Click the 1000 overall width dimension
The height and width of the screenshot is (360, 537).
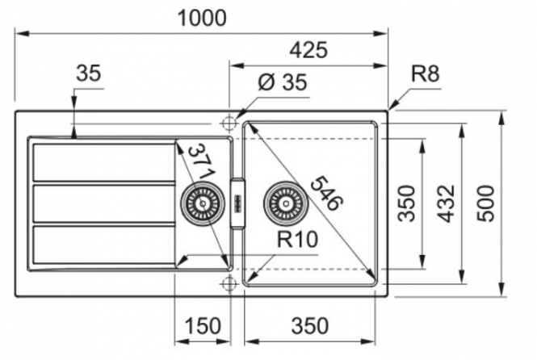(202, 18)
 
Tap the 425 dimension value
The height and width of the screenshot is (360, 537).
(308, 50)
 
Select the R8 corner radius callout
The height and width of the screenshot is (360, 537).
(425, 73)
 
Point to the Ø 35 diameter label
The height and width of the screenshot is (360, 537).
(283, 82)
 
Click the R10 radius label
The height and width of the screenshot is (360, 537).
(297, 239)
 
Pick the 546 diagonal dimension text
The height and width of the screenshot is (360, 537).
(326, 193)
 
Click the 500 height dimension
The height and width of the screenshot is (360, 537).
(486, 203)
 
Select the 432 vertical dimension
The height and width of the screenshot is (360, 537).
(447, 203)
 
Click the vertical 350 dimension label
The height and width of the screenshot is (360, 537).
(406, 203)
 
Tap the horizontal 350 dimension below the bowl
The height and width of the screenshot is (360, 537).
(309, 326)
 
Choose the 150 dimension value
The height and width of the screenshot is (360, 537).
(203, 326)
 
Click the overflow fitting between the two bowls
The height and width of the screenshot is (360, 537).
(237, 203)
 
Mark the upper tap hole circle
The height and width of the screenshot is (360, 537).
(229, 123)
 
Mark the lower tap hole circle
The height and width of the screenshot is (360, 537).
(229, 283)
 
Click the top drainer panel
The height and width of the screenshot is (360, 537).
(104, 162)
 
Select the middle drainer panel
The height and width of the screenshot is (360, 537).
(104, 203)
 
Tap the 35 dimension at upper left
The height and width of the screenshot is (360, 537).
(89, 73)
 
